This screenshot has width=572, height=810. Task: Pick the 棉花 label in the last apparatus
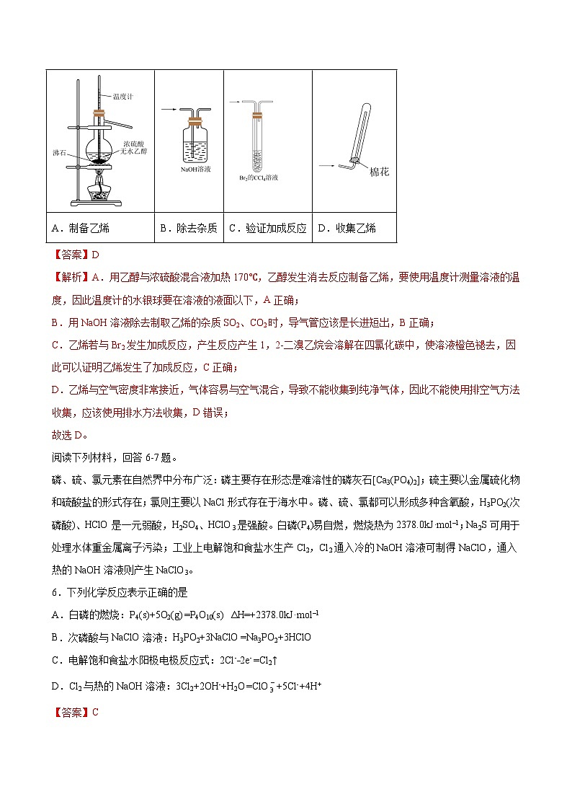click(x=378, y=173)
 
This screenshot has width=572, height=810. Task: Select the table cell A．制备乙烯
click(x=81, y=229)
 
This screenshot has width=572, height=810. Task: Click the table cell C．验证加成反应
click(x=267, y=229)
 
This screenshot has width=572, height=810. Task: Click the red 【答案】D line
click(x=74, y=254)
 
